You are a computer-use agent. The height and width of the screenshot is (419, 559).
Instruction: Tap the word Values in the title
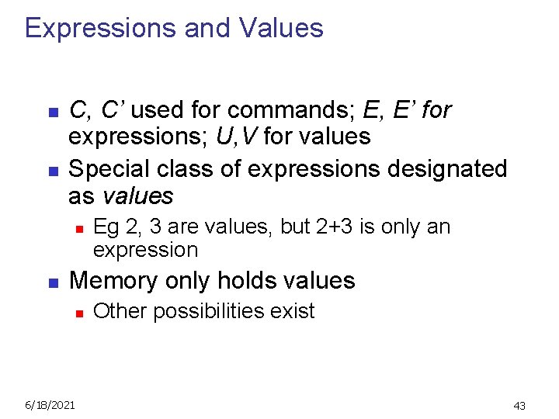[282, 29]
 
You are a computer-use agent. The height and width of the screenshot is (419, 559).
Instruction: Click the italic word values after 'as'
[137, 196]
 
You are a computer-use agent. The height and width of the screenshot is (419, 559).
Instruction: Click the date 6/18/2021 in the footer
[50, 404]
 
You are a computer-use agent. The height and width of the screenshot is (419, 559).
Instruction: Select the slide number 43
[519, 405]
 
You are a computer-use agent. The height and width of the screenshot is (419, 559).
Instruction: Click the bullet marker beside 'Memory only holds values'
[52, 282]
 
